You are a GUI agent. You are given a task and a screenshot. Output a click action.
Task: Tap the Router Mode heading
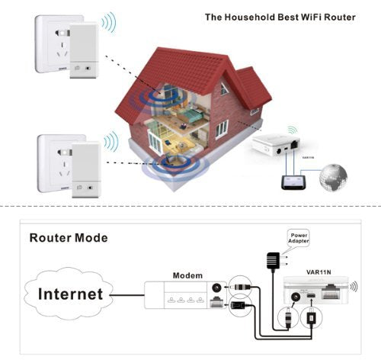(x=69, y=238)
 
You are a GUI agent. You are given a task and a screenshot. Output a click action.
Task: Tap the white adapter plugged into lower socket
(x=87, y=169)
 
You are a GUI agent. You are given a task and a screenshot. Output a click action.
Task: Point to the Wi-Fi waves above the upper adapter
(x=109, y=22)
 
